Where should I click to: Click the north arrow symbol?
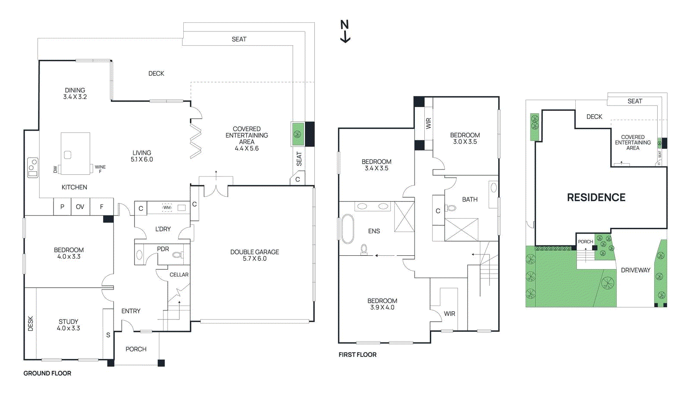click(x=345, y=31)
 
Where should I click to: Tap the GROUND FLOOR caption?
click(x=47, y=373)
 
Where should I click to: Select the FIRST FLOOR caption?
click(x=358, y=354)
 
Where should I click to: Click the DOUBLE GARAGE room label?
click(x=254, y=255)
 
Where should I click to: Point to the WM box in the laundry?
click(x=167, y=208)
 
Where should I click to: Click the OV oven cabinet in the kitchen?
click(x=80, y=207)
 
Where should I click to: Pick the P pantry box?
click(x=62, y=207)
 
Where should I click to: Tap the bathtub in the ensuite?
click(x=348, y=229)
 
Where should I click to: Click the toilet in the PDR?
click(x=177, y=254)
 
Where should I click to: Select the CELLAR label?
click(x=179, y=275)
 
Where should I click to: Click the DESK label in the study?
click(x=30, y=324)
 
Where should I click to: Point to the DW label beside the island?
click(x=56, y=169)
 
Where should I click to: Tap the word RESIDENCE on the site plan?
click(x=596, y=197)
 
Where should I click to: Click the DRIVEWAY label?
click(x=635, y=270)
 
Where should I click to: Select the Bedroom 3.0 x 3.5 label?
click(x=465, y=138)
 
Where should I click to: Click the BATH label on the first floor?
click(x=470, y=199)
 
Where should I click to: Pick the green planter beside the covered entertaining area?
click(x=298, y=134)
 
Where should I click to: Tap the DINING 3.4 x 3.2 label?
click(x=75, y=93)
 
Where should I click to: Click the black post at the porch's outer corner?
click(x=161, y=363)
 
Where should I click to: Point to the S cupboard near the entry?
click(x=108, y=335)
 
